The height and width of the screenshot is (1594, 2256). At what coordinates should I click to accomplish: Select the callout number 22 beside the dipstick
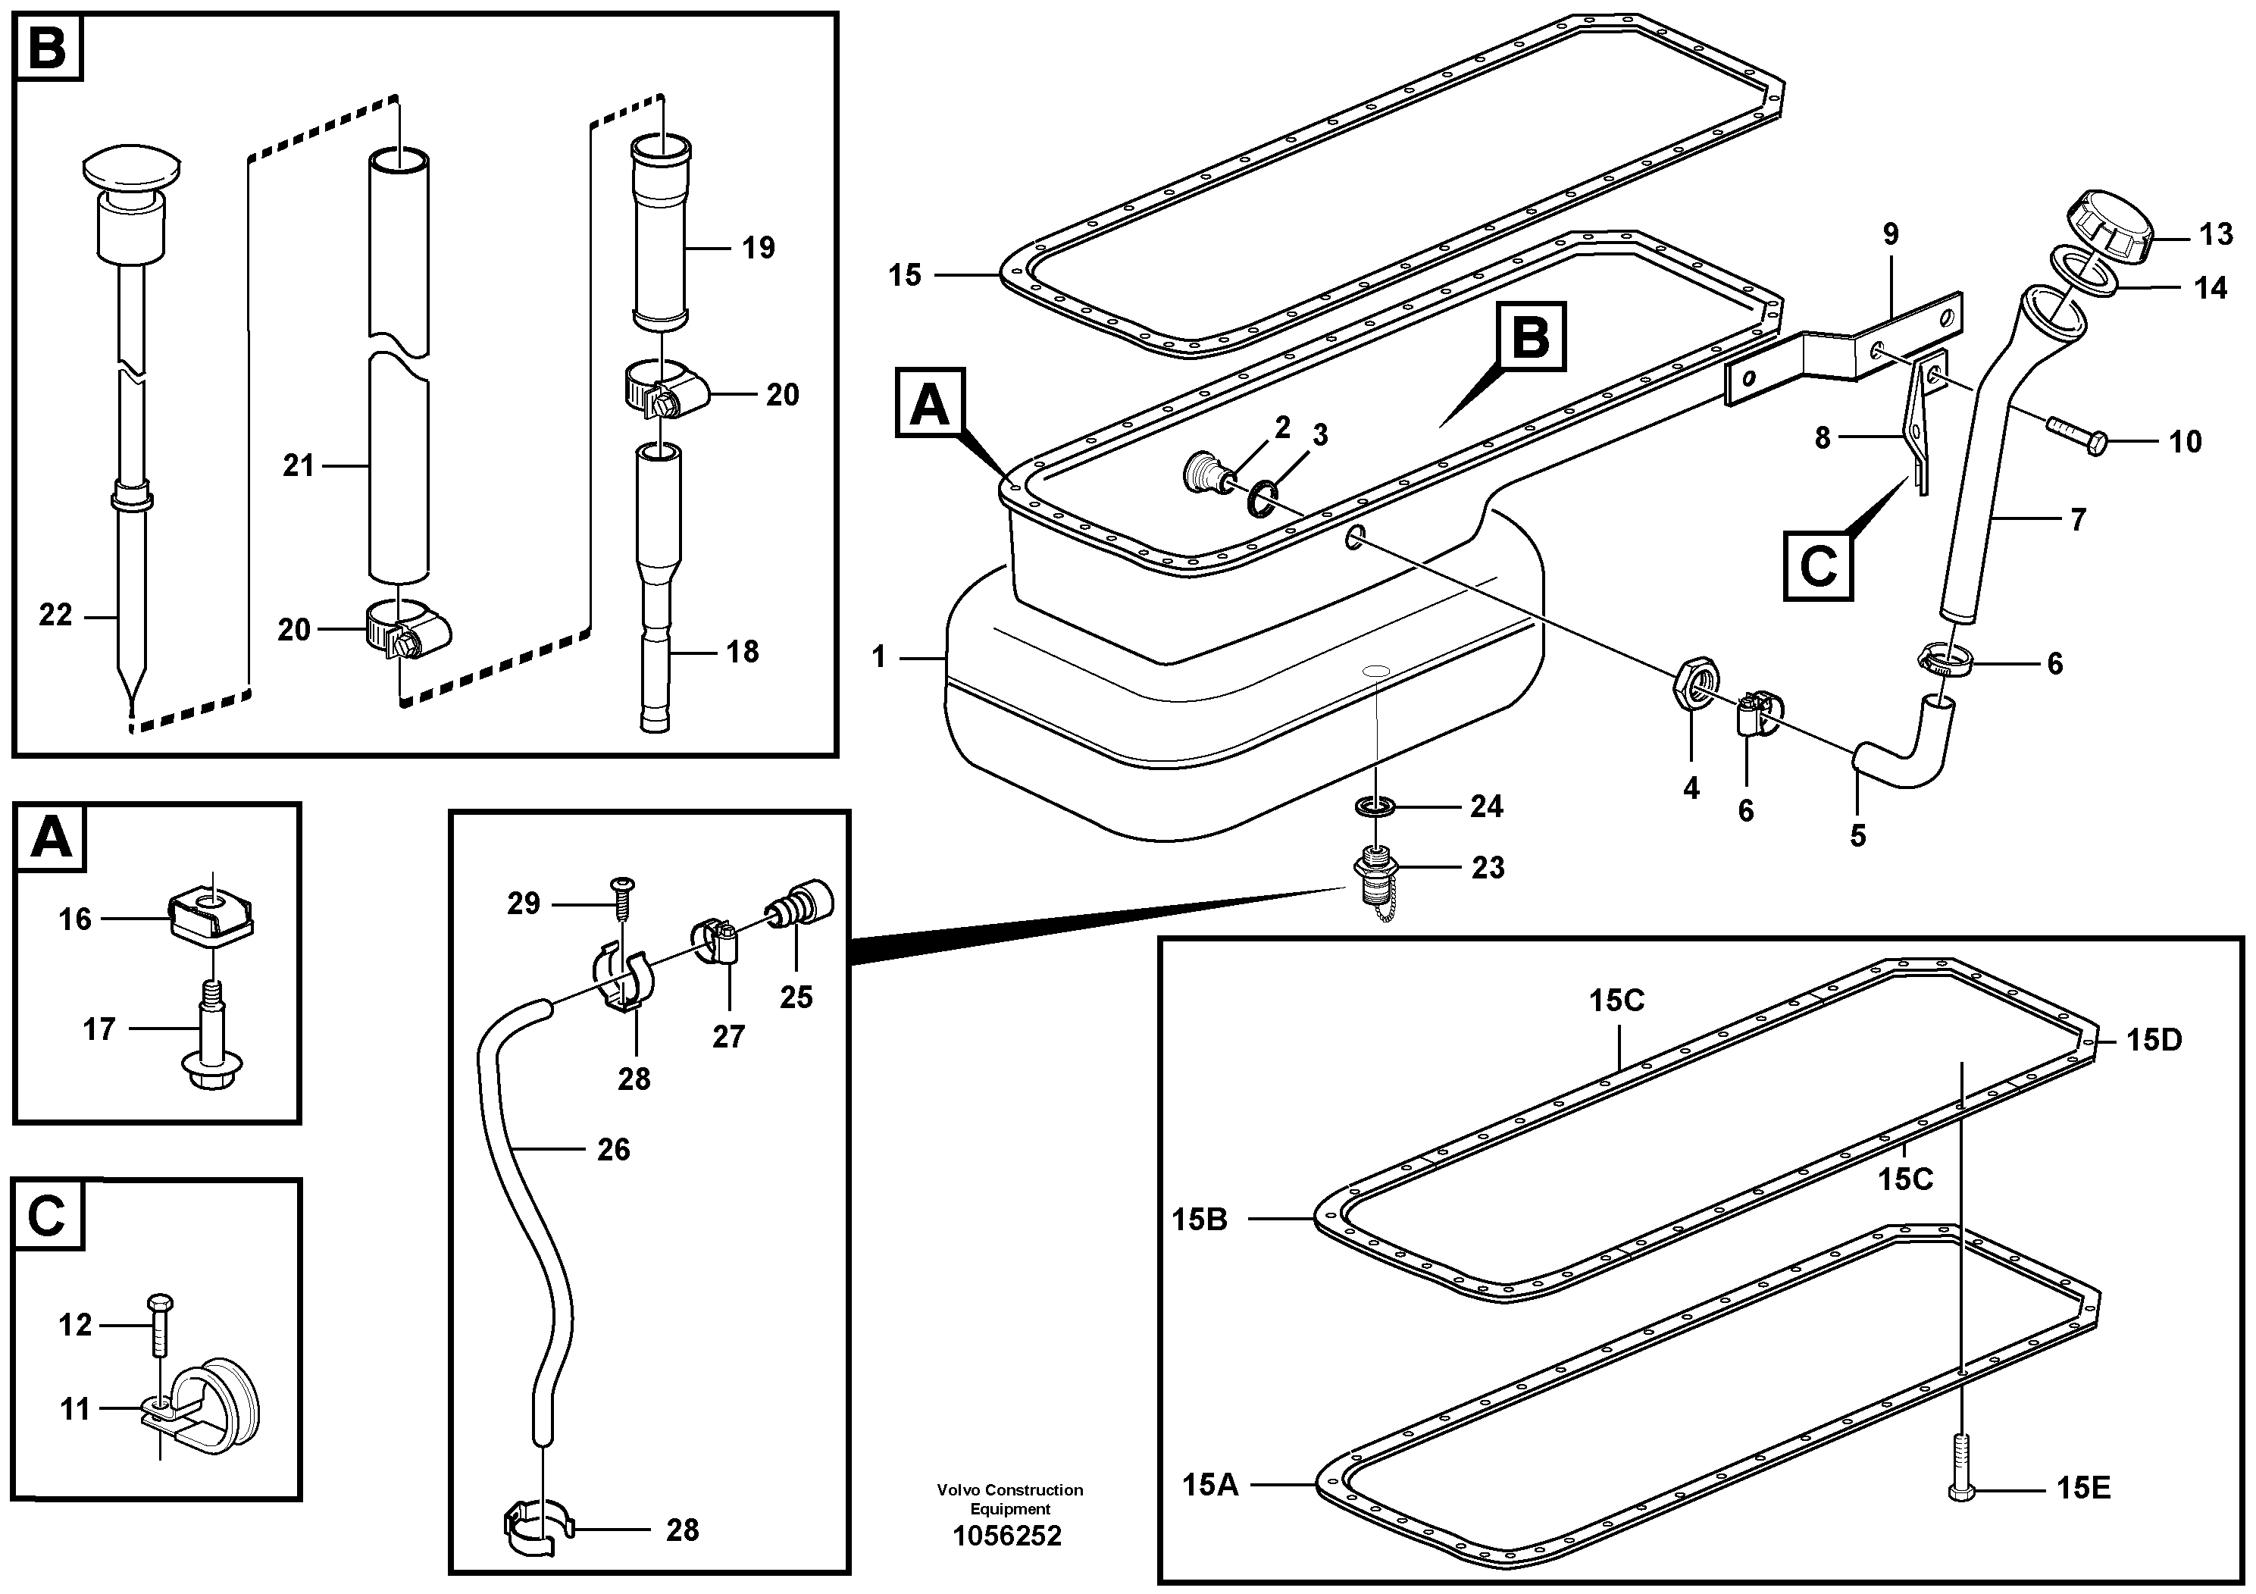pyautogui.click(x=56, y=615)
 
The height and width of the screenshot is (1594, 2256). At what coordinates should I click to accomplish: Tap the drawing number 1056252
pyautogui.click(x=1007, y=1536)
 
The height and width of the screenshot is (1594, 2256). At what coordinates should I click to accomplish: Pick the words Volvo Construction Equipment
pyautogui.click(x=1009, y=1498)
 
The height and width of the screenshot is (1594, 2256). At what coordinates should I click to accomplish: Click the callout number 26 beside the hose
pyautogui.click(x=614, y=1150)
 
